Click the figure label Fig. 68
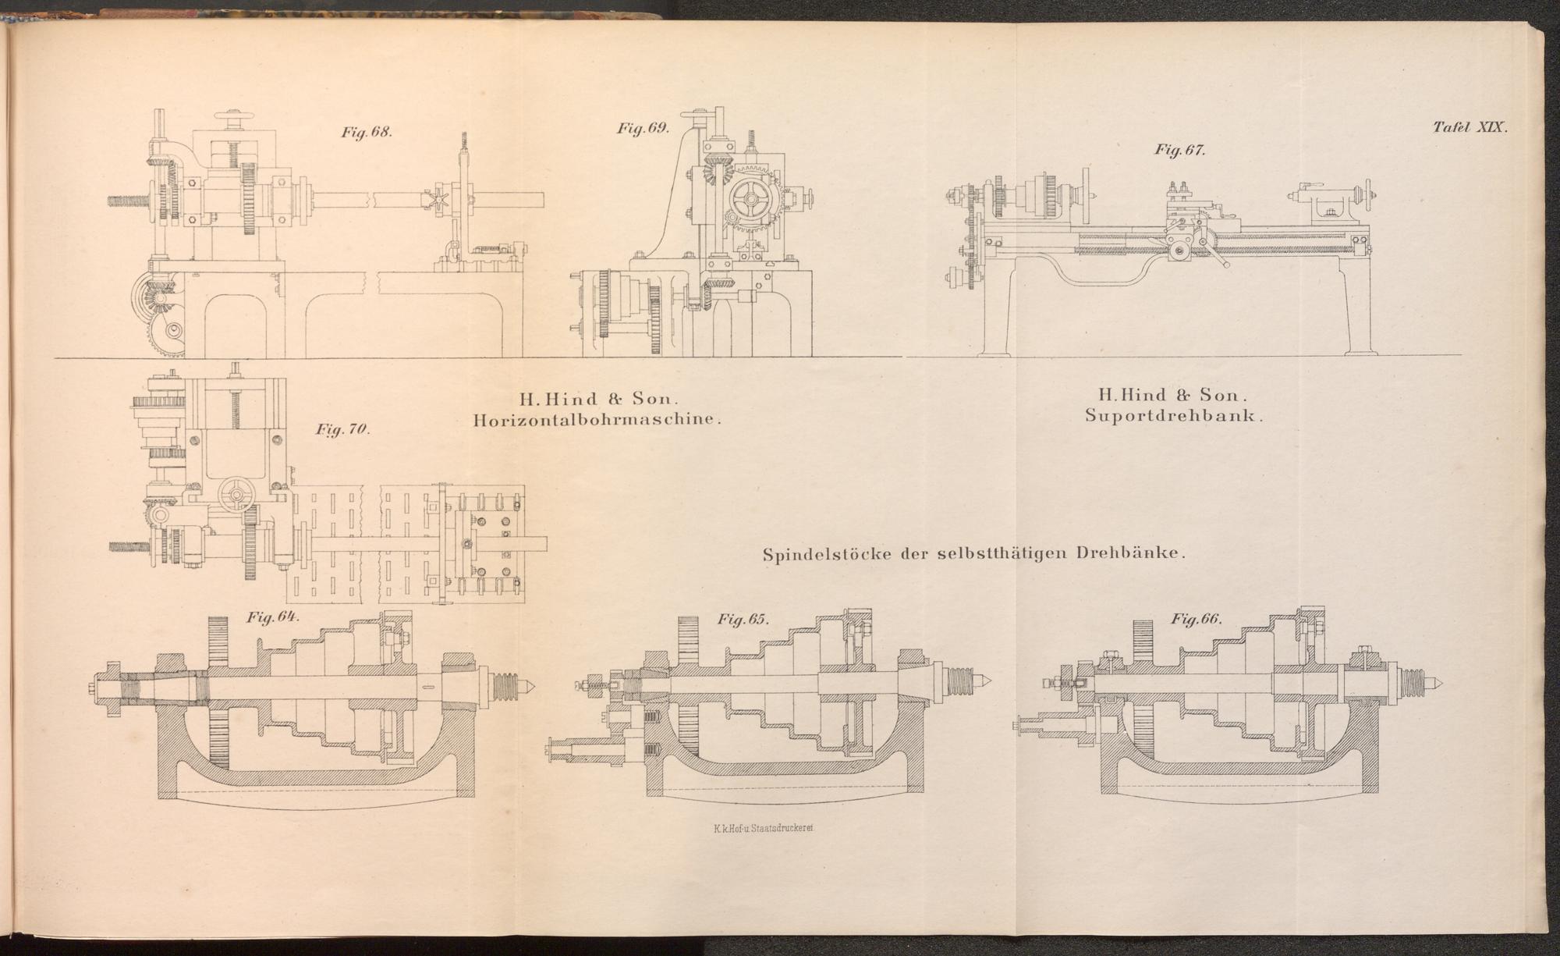coord(366,132)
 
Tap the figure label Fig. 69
coord(643,129)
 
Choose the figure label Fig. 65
coord(743,620)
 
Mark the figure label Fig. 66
coord(1196,619)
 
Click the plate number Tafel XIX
coord(1470,128)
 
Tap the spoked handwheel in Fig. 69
coord(748,200)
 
